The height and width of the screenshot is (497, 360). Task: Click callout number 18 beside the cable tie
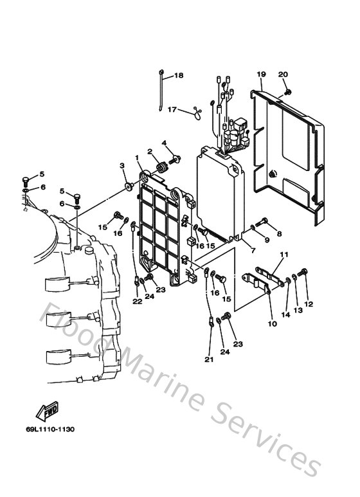178,75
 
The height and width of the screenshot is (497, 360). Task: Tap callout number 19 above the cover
261,75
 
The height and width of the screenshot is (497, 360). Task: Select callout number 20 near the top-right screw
283,75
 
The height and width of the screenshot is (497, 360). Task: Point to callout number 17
154,110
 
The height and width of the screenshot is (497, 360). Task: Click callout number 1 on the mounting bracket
136,158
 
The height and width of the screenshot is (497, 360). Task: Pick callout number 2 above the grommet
149,152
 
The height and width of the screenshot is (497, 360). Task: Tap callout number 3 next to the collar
122,166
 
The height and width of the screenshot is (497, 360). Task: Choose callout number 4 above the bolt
164,142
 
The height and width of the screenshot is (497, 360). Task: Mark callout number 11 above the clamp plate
283,255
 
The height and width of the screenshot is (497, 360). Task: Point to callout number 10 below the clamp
272,324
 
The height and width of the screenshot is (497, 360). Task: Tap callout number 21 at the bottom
208,359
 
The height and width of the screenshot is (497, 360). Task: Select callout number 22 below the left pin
137,302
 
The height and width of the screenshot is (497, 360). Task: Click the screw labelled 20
287,91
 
